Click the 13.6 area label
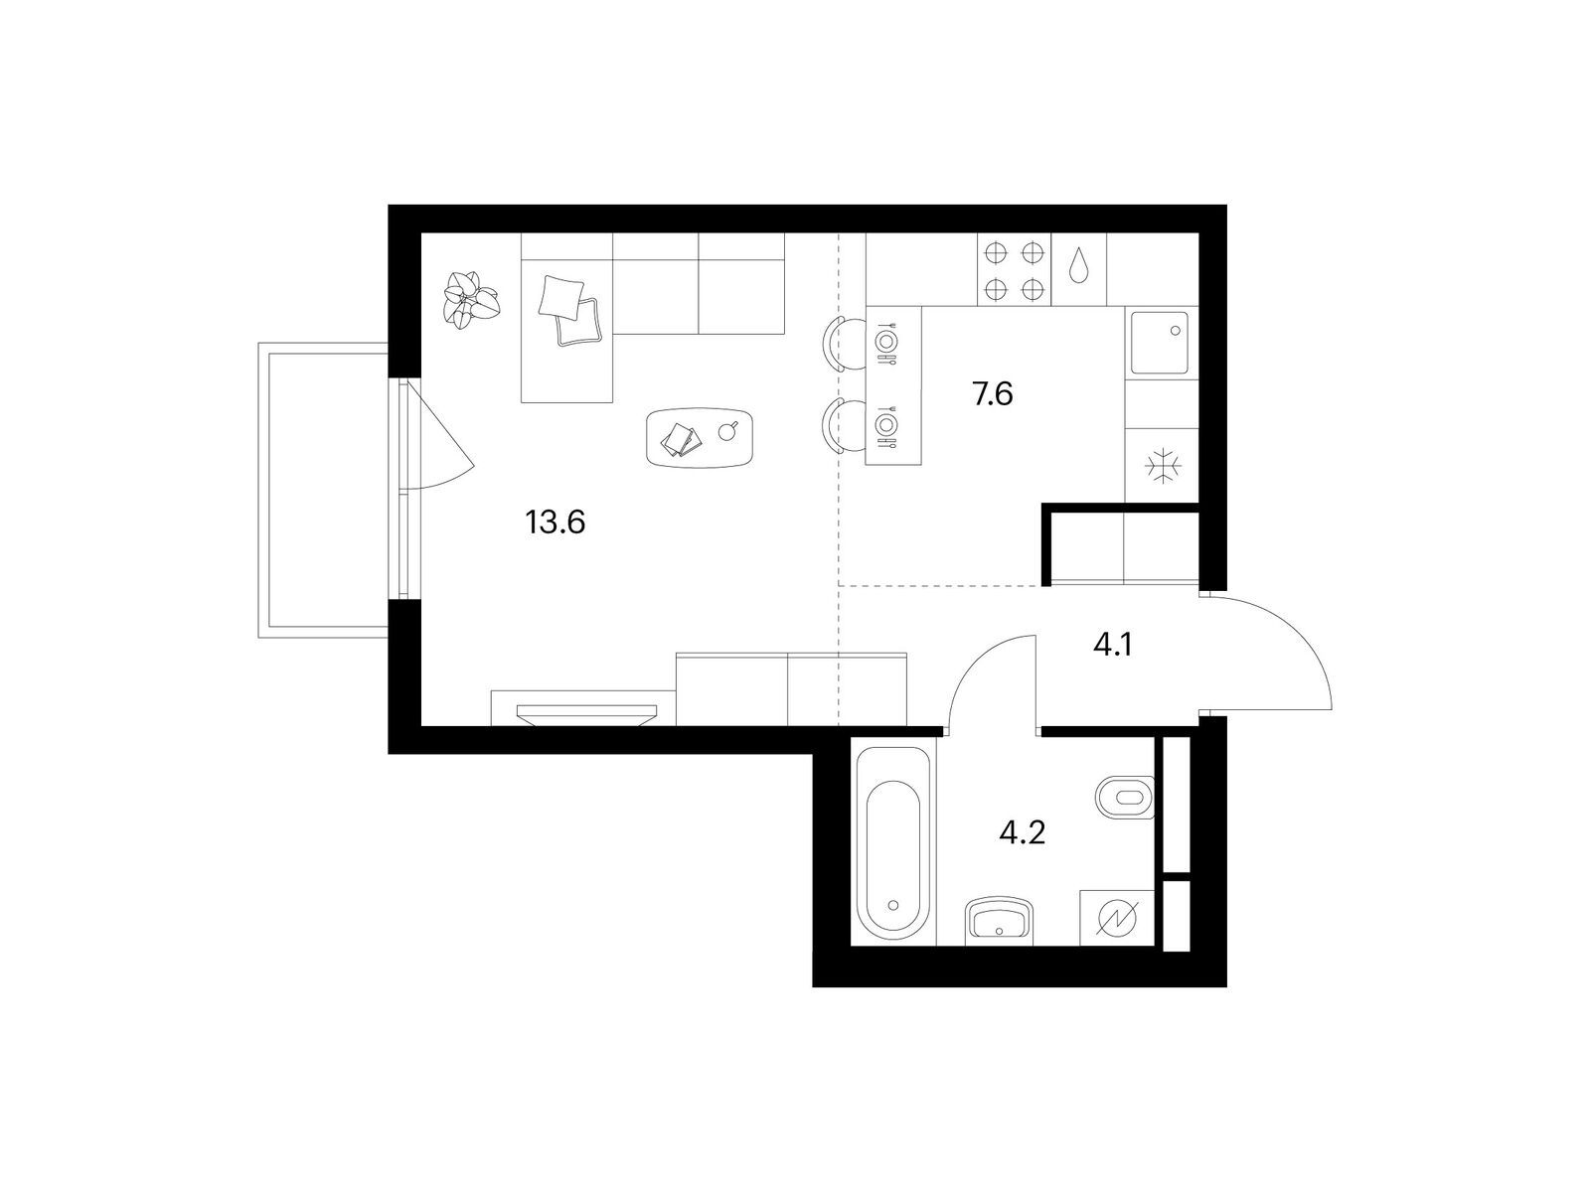click(555, 521)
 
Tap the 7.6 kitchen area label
click(993, 394)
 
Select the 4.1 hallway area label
click(1112, 644)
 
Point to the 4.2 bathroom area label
click(1023, 833)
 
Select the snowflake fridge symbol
click(1163, 465)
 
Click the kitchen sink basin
click(1160, 343)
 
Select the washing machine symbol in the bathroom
click(1117, 918)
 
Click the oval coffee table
click(699, 437)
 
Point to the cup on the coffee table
click(727, 430)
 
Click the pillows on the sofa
click(570, 310)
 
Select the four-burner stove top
click(1015, 270)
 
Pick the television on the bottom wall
click(586, 714)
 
